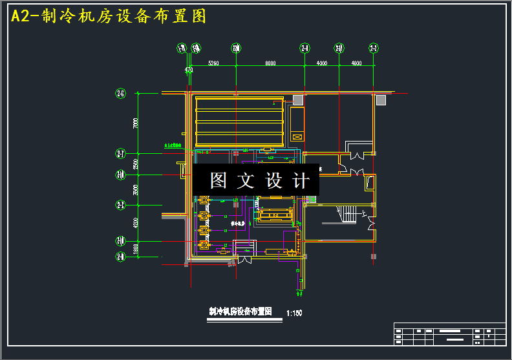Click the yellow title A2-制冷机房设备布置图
point(109,17)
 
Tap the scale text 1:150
point(294,313)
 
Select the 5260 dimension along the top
point(213,63)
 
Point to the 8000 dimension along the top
point(270,63)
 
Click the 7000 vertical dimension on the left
point(135,123)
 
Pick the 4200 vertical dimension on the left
point(135,223)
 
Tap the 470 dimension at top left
point(189,69)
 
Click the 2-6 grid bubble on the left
point(120,94)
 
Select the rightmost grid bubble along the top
point(373,48)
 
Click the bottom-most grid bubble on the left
point(120,257)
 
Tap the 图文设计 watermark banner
point(255,180)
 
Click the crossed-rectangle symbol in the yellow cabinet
point(297,136)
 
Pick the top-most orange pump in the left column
point(204,200)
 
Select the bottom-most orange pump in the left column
point(204,244)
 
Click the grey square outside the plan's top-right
point(381,100)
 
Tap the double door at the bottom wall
point(245,260)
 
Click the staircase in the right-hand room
point(347,215)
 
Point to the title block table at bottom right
point(449,335)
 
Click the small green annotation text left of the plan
point(171,146)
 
